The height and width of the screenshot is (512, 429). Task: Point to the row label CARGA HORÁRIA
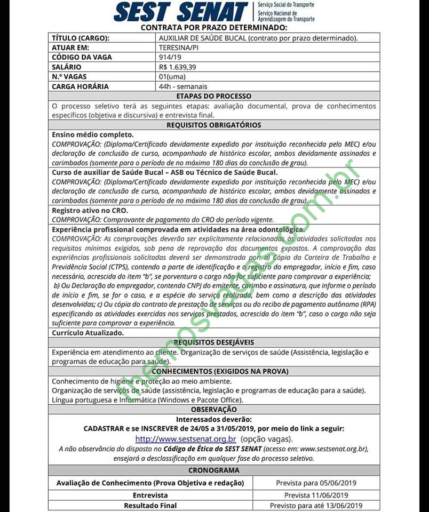[x=80, y=86]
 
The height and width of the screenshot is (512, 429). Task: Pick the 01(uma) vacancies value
[x=172, y=77]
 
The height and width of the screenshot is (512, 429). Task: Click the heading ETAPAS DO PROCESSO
[x=214, y=96]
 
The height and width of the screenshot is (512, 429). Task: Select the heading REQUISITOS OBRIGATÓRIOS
[x=214, y=125]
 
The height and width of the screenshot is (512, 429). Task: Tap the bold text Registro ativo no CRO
[x=90, y=210]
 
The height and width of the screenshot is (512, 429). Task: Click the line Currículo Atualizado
[x=88, y=333]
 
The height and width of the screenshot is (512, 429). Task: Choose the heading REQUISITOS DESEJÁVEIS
[x=214, y=342]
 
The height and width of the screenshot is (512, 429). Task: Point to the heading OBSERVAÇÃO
[x=214, y=410]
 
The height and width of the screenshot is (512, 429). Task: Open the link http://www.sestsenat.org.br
[x=186, y=439]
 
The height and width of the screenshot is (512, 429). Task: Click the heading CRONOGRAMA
[x=214, y=470]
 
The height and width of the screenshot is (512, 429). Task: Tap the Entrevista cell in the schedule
[x=150, y=495]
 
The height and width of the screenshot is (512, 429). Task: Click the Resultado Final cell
[x=150, y=506]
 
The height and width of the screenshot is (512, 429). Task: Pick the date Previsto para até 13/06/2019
[x=316, y=506]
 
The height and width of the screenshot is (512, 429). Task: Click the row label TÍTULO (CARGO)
[x=81, y=38]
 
